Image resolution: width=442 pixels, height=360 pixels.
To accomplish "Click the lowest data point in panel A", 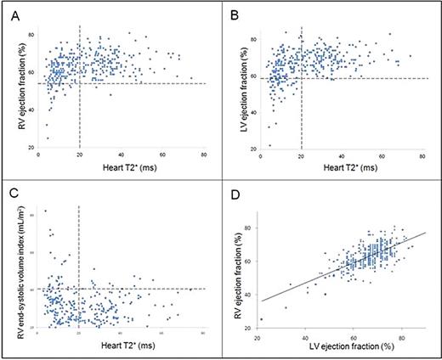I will pos(48,138).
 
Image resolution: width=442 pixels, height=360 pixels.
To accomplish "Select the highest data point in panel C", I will pos(46,211).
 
